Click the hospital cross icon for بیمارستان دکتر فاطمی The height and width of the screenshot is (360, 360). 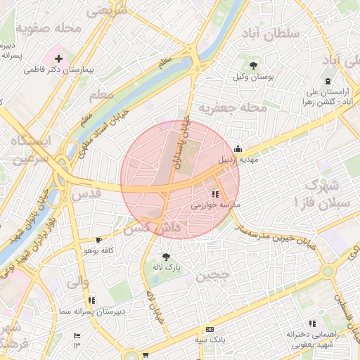coord(58,58)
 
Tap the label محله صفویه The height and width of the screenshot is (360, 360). coord(48,30)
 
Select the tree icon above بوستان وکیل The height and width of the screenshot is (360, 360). coord(254,65)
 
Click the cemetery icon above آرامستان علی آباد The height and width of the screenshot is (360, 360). coord(328,82)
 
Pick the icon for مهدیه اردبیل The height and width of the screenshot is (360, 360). coord(238,148)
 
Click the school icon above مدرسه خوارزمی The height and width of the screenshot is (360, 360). coord(214,194)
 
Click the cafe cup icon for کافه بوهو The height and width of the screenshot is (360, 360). coord(98,240)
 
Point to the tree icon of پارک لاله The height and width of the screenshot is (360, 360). coord(166,257)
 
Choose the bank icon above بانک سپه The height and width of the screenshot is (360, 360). coord(210,330)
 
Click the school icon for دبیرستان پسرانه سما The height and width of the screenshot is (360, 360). coord(92,300)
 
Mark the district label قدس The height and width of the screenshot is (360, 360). coord(82,193)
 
